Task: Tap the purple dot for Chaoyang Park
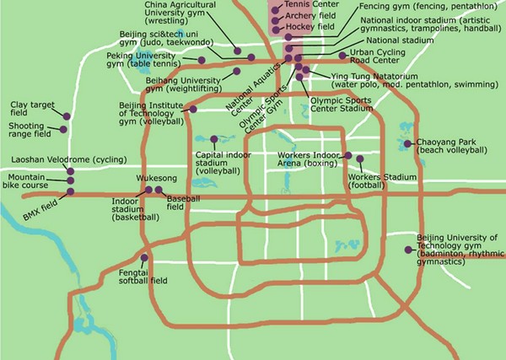pyautogui.click(x=407, y=143)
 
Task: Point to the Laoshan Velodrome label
pyautogui.click(x=63, y=159)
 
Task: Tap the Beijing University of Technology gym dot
pyautogui.click(x=409, y=250)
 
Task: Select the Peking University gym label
pyautogui.click(x=147, y=60)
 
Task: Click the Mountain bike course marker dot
pyautogui.click(x=69, y=180)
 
